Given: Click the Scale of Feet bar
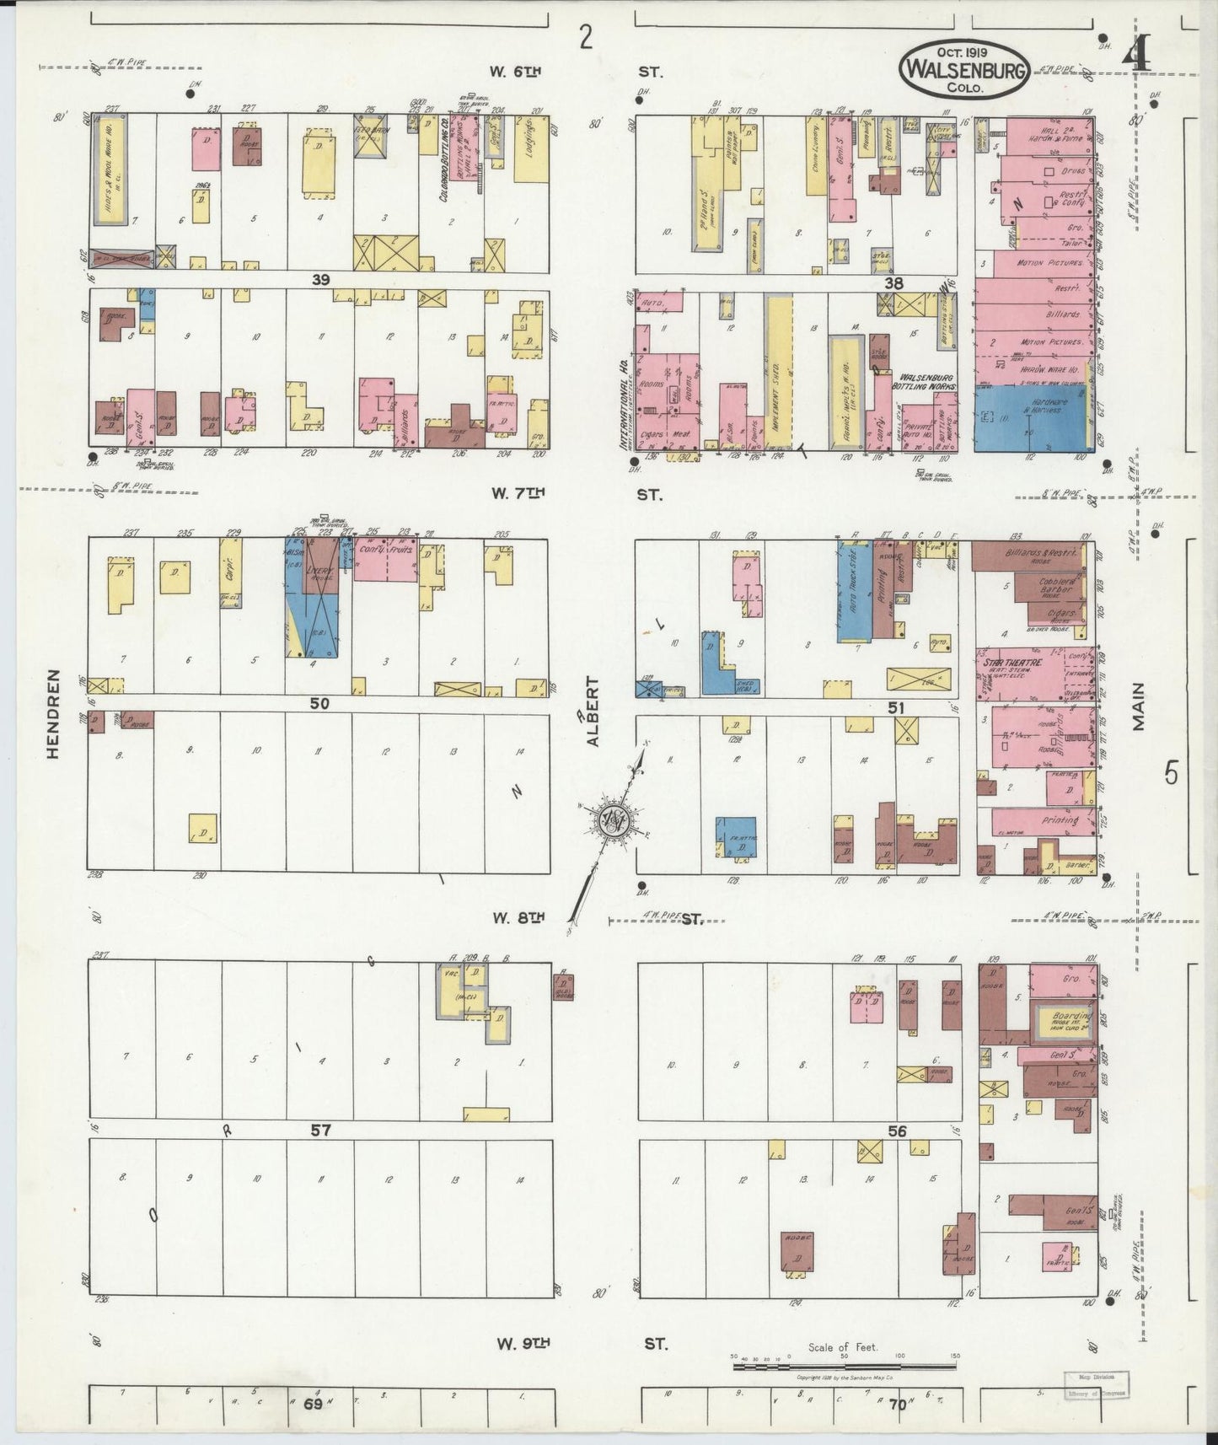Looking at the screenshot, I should tap(843, 1359).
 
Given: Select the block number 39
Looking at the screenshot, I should tap(320, 281).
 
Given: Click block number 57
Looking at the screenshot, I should tap(320, 1130).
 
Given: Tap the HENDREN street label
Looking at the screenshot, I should tap(54, 715).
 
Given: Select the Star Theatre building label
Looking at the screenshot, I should tap(1007, 663).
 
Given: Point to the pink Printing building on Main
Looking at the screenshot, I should tap(1045, 820).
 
